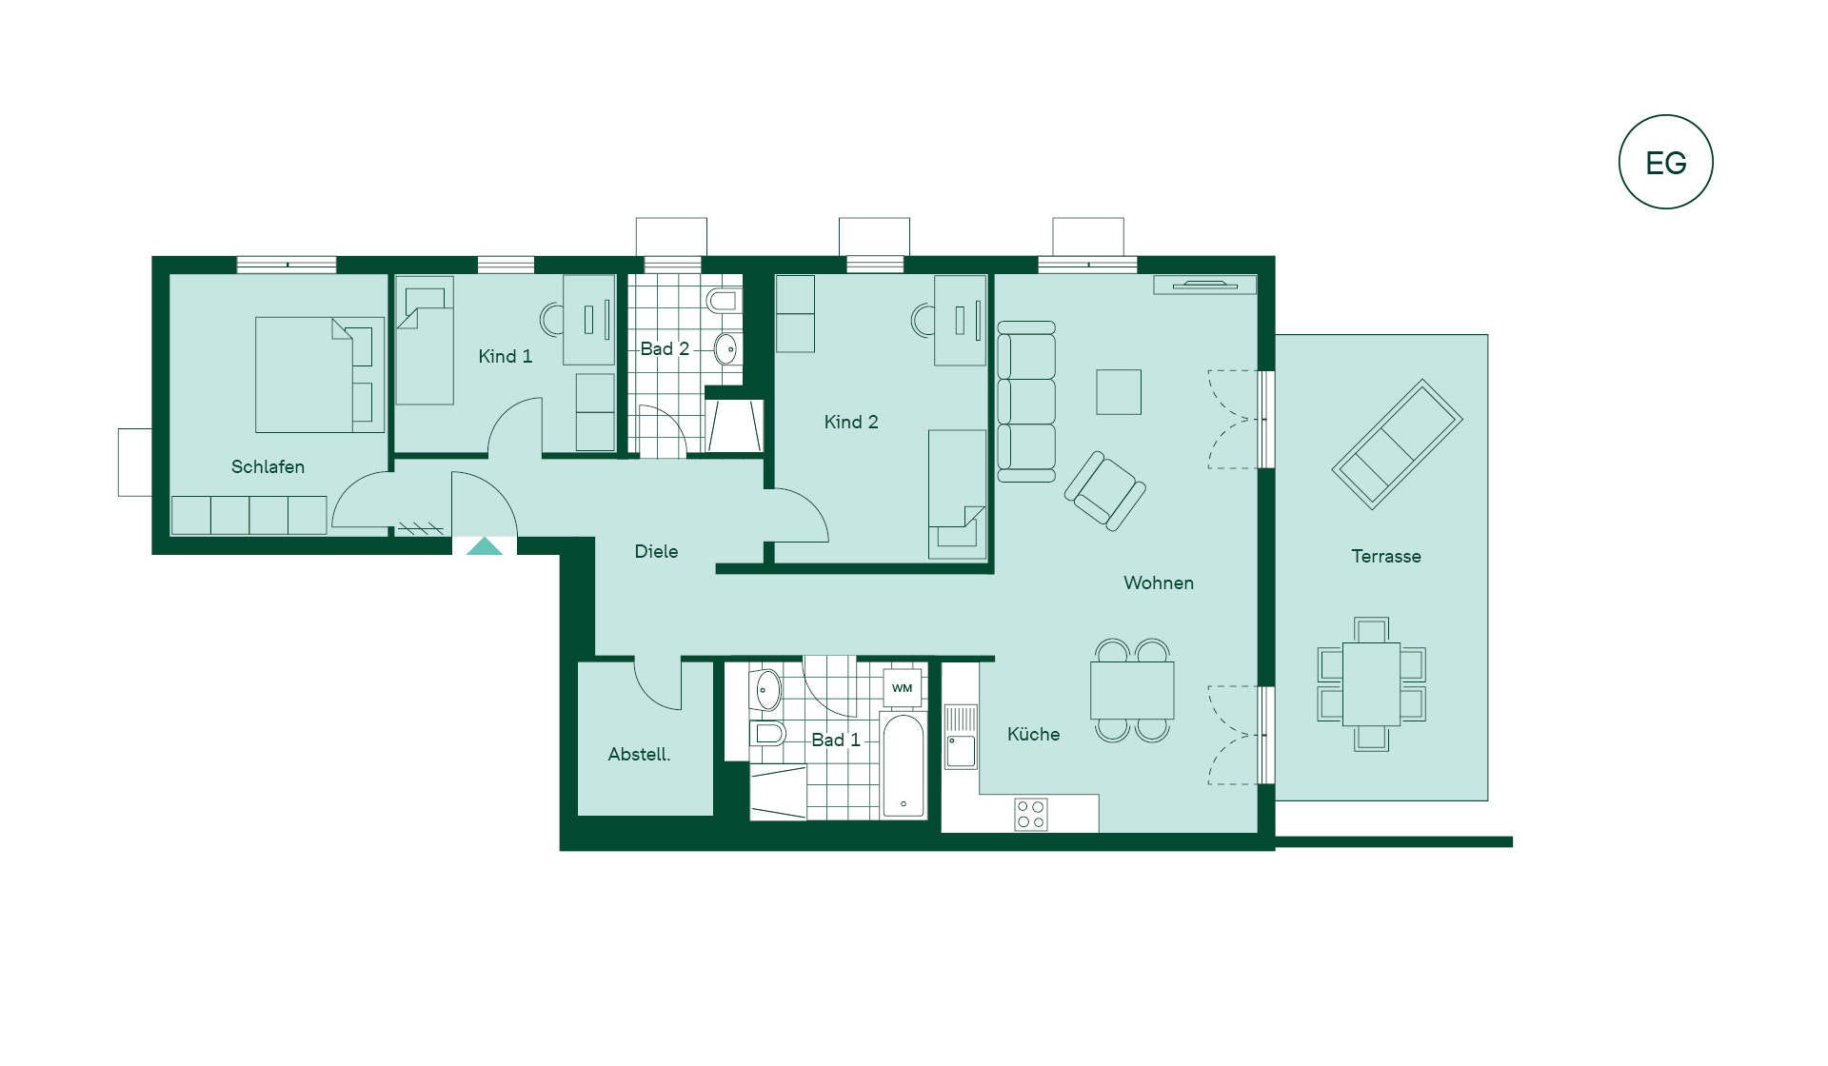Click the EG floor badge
1665,162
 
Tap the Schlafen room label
268,466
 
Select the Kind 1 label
505,356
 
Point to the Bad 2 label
665,348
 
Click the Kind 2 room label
851,422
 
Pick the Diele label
656,551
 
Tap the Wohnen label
1158,582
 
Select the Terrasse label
1386,556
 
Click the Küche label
1033,734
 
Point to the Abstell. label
639,754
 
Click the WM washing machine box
903,688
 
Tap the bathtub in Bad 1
904,765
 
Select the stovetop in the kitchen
1031,814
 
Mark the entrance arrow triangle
484,546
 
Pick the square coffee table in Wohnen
1119,391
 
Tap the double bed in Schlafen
320,375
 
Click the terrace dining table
1371,684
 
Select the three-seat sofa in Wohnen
1026,402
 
